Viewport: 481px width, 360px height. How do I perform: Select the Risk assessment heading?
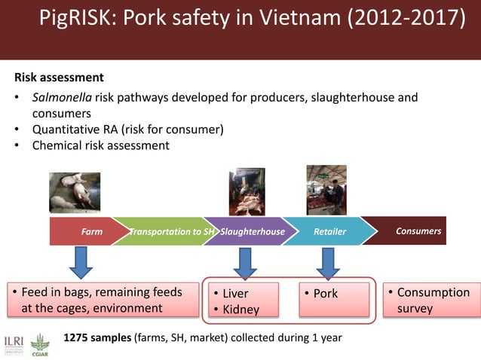[x=59, y=78]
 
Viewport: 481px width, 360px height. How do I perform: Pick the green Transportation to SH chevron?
[x=170, y=231]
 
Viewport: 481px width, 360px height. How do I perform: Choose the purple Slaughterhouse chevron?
[x=252, y=231]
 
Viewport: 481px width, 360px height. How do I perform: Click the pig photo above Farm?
[x=74, y=193]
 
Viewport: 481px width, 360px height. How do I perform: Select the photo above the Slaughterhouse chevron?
[x=247, y=192]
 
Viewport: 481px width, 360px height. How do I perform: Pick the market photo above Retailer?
[x=326, y=191]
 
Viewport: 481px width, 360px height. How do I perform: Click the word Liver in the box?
[x=234, y=294]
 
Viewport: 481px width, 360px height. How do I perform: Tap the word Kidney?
[x=240, y=309]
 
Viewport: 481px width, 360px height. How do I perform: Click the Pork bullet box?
[x=335, y=299]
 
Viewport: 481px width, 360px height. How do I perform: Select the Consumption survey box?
[x=428, y=300]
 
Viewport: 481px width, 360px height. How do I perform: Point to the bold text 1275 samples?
[x=98, y=338]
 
